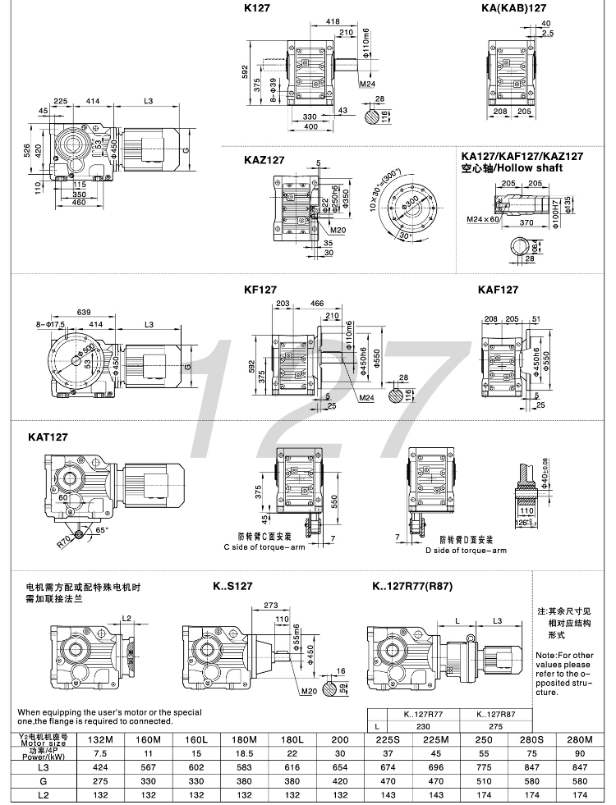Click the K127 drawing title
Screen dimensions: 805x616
point(256,7)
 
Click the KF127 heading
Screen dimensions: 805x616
point(260,290)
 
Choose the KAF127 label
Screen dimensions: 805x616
point(498,290)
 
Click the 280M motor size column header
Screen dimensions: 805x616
point(581,739)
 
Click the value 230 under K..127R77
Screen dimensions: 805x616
point(419,726)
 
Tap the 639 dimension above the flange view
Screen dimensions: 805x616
point(83,312)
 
